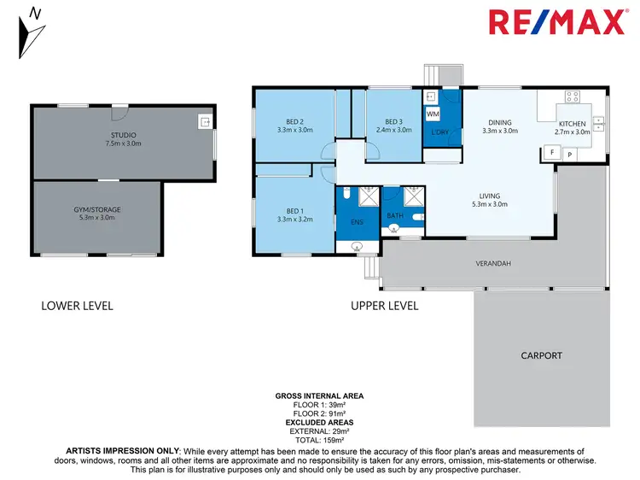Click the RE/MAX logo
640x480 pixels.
[x=556, y=22]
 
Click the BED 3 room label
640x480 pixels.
[x=393, y=121]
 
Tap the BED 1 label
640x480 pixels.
[x=295, y=212]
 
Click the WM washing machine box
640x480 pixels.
[x=433, y=114]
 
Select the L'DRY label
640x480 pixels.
[x=440, y=132]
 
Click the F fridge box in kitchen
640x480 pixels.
[x=551, y=154]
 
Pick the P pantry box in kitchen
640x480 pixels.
[x=569, y=154]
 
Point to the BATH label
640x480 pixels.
[x=394, y=216]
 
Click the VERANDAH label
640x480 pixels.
[x=493, y=264]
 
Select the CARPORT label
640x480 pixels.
[x=542, y=354]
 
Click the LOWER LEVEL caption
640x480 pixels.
[x=77, y=305]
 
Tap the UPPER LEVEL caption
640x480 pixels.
[x=384, y=305]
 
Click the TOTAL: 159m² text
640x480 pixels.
[x=319, y=439]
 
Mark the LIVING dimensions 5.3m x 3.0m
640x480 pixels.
[x=489, y=204]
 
